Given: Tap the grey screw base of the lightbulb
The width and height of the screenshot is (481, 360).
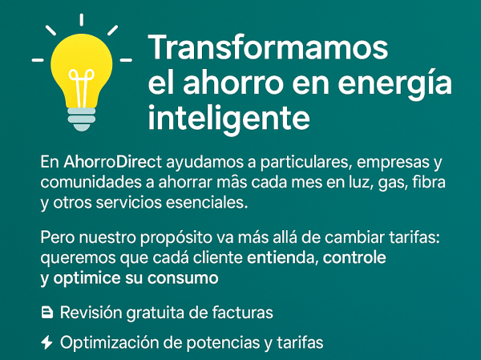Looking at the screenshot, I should coord(81,117).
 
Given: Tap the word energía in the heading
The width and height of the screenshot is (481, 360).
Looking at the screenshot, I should coord(392,83).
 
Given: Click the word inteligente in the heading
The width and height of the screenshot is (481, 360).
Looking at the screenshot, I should coord(229,117).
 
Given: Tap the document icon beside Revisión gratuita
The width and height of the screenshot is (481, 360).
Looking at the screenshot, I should coord(47,312).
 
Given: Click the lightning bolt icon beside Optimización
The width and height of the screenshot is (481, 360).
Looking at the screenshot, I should coord(47,342).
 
